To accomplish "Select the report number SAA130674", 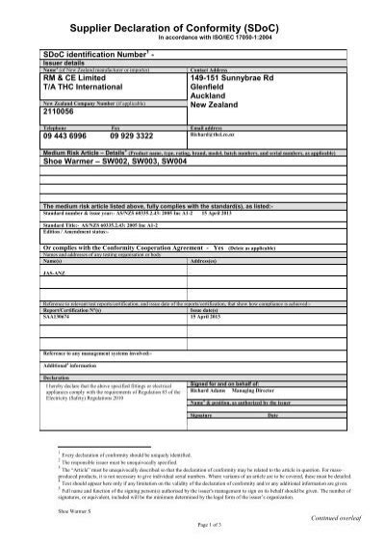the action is click(x=60, y=316).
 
